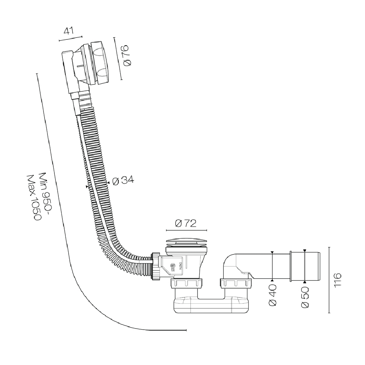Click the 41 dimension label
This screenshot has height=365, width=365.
point(69,31)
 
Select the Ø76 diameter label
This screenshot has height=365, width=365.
point(127,55)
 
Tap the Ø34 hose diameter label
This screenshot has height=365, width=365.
point(123,180)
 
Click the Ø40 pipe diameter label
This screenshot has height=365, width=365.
point(272,295)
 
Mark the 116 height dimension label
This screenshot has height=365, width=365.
point(337,280)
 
